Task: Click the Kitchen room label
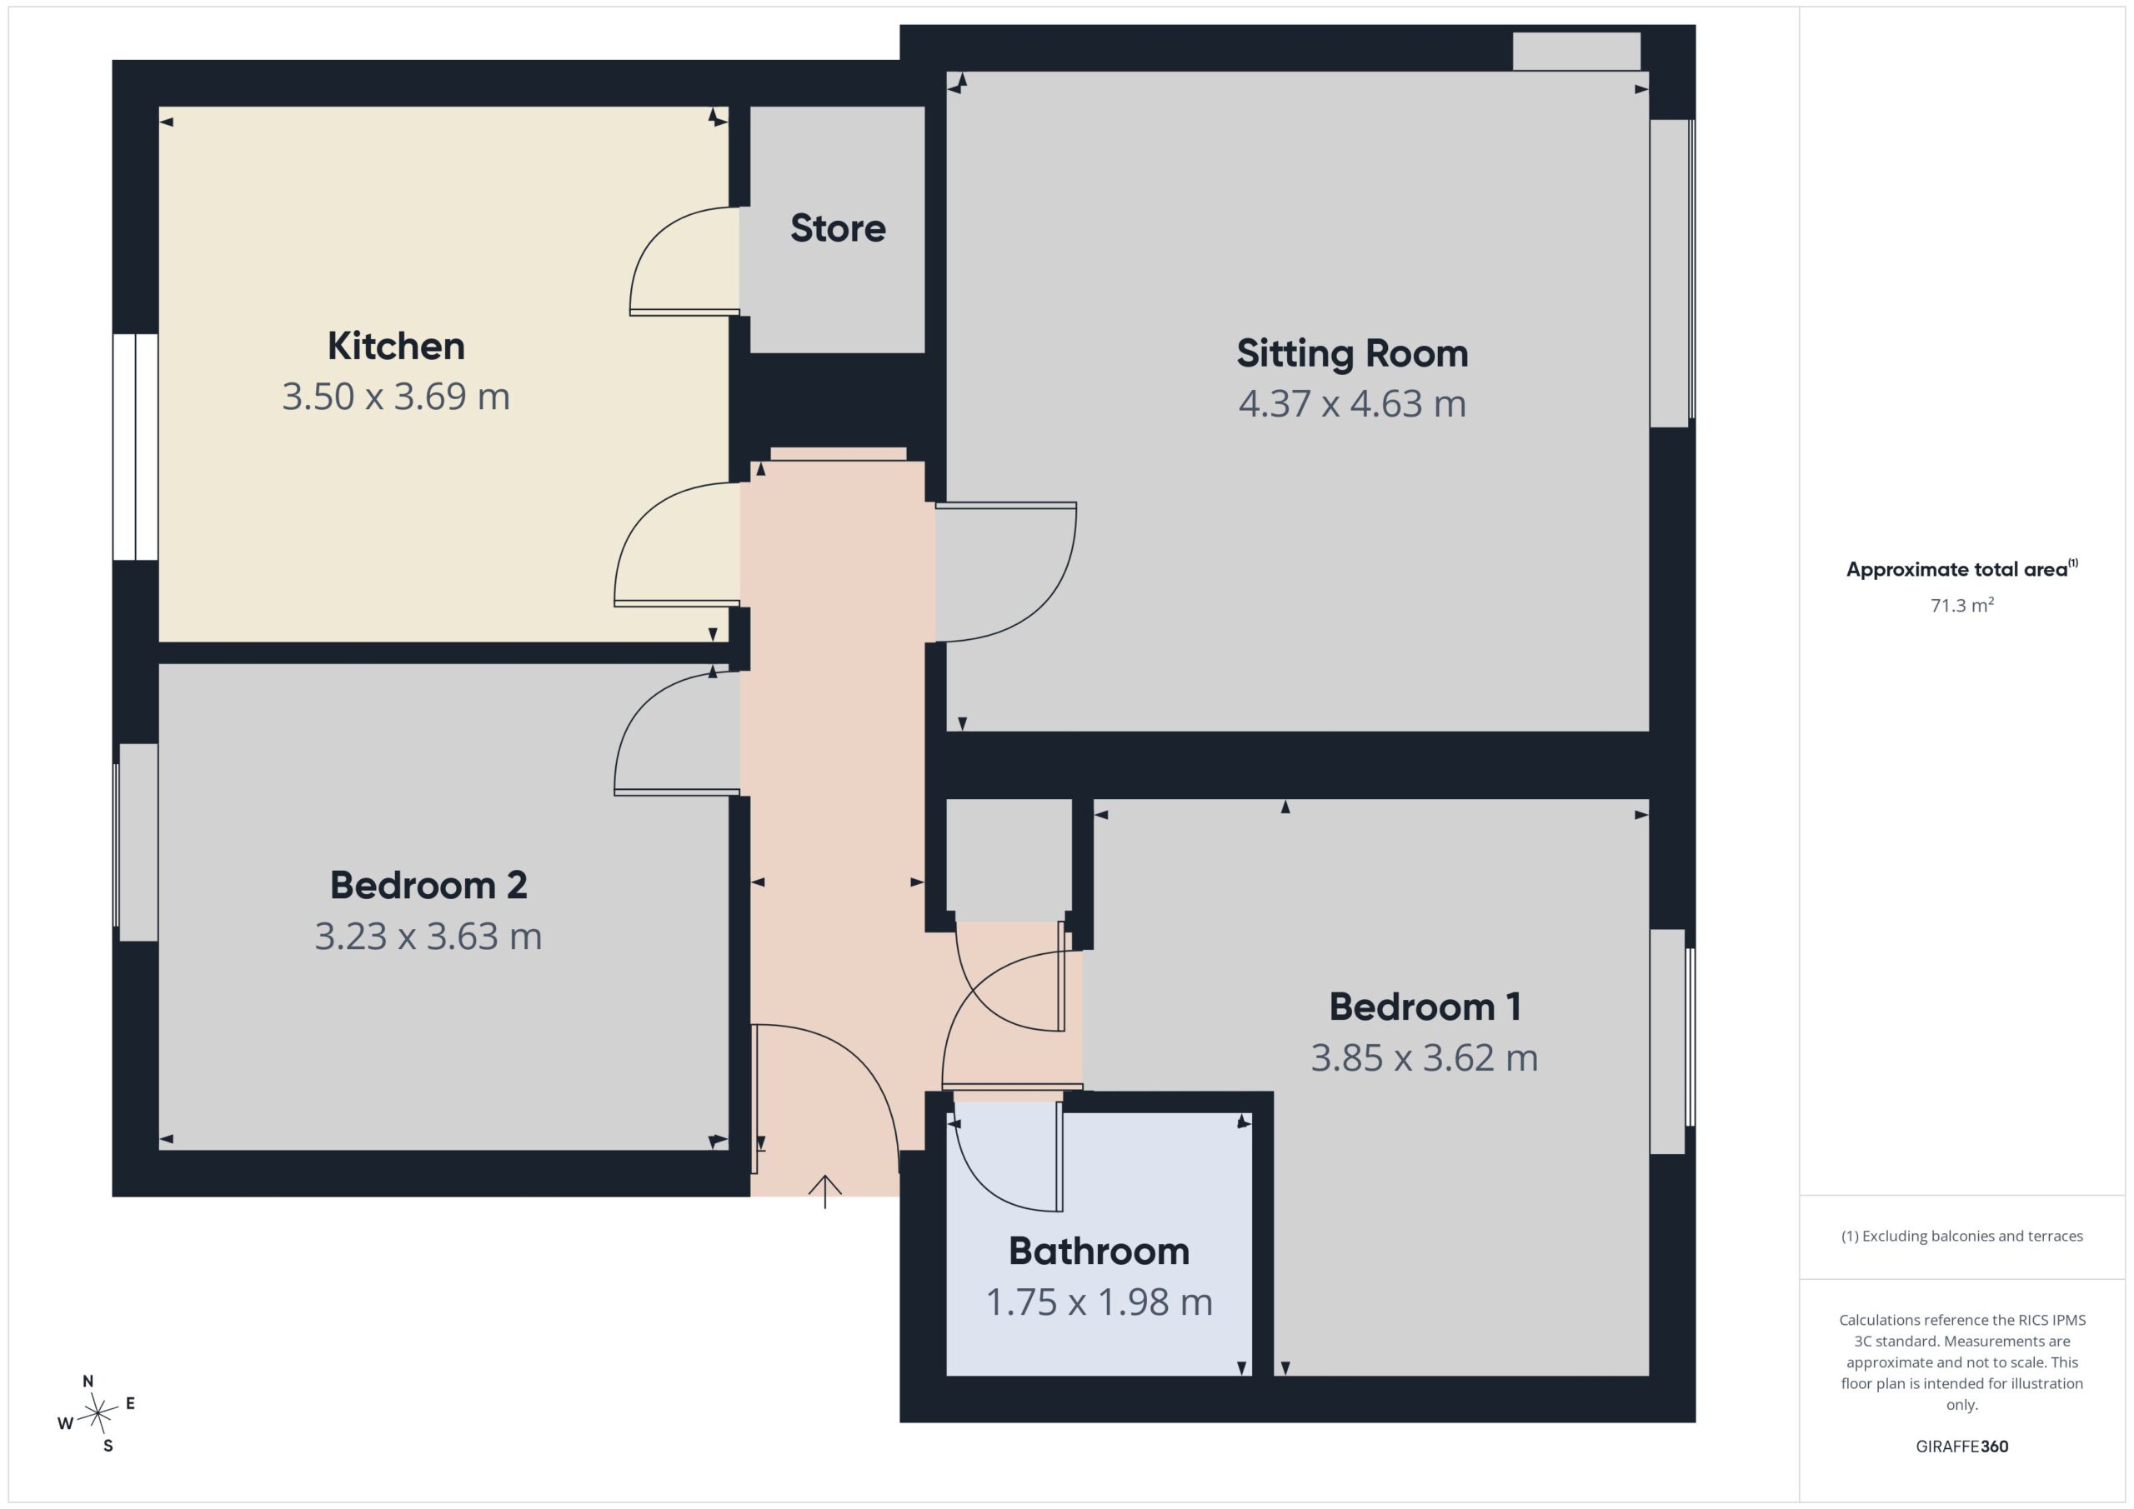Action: click(396, 347)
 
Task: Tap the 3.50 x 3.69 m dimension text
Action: click(396, 397)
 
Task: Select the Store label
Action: click(838, 228)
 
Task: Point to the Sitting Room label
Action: click(1352, 354)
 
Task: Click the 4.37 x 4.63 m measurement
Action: click(1352, 404)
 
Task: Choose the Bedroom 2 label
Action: click(428, 886)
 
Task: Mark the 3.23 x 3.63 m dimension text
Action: click(428, 937)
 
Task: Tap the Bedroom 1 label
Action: click(1425, 1007)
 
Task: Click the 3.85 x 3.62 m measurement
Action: click(1425, 1058)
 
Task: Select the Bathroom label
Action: click(1099, 1252)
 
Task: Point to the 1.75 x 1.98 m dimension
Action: click(1099, 1302)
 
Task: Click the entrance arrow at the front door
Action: click(824, 1192)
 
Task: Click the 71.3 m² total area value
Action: click(1962, 605)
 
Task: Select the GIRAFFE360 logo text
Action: click(1962, 1447)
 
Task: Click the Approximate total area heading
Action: click(1962, 568)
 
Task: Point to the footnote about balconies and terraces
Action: click(1962, 1237)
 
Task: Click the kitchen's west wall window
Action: click(136, 447)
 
